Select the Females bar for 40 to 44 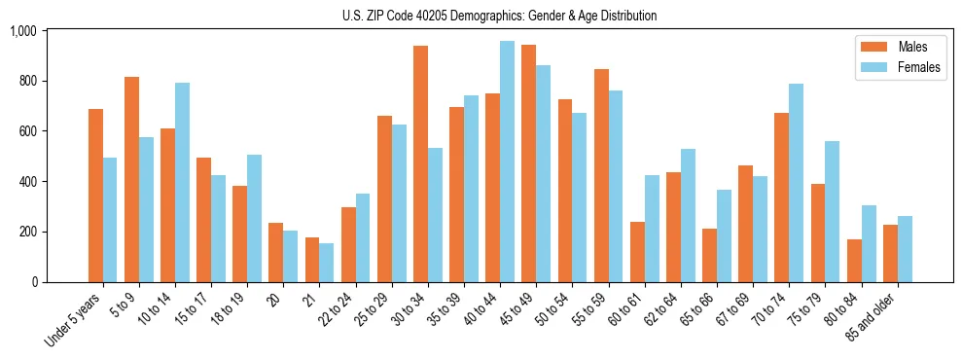pyautogui.click(x=507, y=162)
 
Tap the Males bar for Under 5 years pyautogui.click(x=95, y=196)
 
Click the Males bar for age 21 pyautogui.click(x=312, y=260)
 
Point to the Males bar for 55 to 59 pyautogui.click(x=601, y=175)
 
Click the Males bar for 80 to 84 pyautogui.click(x=854, y=261)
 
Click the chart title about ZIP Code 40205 pyautogui.click(x=500, y=16)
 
